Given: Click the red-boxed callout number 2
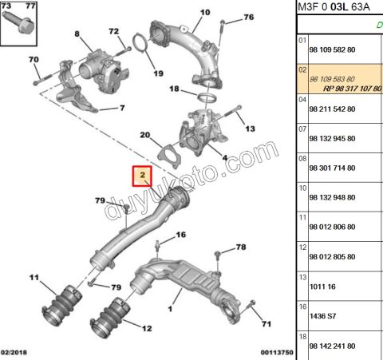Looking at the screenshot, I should [141, 175].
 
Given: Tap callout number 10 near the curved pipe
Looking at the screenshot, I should [204, 12].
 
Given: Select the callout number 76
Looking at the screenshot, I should [248, 17].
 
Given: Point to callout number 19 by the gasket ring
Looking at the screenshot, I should [157, 61].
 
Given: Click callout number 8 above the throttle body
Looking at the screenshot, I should [77, 34].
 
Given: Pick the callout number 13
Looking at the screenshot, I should [250, 129].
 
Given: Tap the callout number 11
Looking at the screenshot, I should [34, 278].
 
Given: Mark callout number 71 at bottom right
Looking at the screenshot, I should [267, 324].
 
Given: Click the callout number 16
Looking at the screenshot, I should [181, 235].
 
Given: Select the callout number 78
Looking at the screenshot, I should [241, 248].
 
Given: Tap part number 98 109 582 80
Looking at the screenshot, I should [338, 49].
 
